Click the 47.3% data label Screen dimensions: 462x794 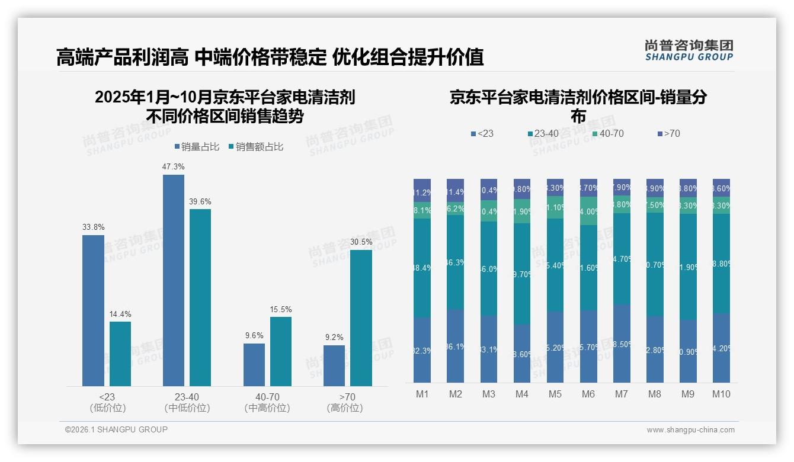(x=173, y=167)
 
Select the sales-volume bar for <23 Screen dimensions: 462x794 (x=93, y=310)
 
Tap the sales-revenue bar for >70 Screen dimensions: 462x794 (x=361, y=318)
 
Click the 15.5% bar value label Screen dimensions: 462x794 (x=280, y=310)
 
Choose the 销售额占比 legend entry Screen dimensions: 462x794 (x=255, y=147)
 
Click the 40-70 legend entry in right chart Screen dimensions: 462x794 (x=608, y=134)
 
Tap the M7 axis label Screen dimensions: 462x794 (x=622, y=394)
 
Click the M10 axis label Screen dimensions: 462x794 (x=721, y=394)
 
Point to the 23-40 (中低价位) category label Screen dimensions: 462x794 (x=187, y=402)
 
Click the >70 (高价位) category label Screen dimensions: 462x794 (x=344, y=402)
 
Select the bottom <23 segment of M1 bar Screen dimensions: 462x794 (x=422, y=349)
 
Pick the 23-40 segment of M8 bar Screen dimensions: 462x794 (x=655, y=264)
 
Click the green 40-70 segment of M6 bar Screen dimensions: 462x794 (x=588, y=211)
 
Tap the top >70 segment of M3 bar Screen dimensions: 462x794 (x=489, y=190)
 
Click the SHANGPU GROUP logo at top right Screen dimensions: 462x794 (x=689, y=50)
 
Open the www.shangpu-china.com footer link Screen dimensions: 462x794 (x=690, y=430)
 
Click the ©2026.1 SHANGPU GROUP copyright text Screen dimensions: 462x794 (x=116, y=429)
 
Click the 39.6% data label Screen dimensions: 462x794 (x=200, y=202)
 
